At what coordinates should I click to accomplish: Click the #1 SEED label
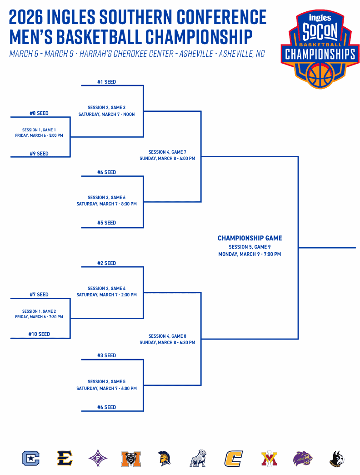tap(106, 82)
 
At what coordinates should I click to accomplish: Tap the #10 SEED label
tap(38, 334)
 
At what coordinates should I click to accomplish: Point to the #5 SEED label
tap(106, 223)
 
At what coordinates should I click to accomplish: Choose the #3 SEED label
tap(106, 355)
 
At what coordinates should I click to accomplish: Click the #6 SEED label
tap(106, 407)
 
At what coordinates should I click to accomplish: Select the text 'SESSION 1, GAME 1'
tap(39, 130)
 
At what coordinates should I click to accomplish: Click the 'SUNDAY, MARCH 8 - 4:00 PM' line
tap(167, 159)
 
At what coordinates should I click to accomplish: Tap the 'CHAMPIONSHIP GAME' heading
tap(250, 238)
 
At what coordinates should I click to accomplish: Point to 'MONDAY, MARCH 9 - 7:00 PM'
tap(250, 254)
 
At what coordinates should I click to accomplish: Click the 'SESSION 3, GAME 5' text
tap(106, 382)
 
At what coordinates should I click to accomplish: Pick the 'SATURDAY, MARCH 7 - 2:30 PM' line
tap(106, 295)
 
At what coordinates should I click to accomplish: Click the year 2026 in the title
tap(26, 17)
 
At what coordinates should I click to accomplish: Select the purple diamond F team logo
tap(97, 458)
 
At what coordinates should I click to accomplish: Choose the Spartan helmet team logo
tap(164, 458)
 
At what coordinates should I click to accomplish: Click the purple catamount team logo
tap(302, 458)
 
